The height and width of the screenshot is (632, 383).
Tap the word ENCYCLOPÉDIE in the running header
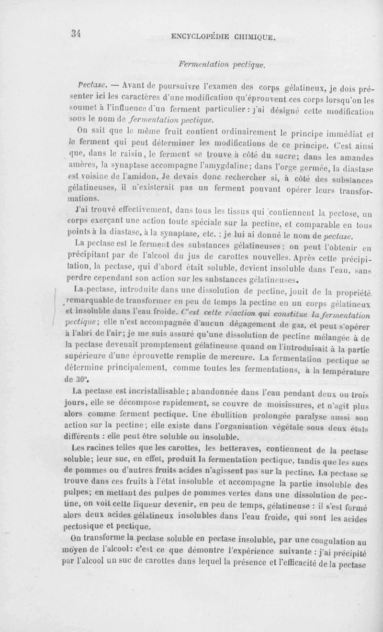click(199, 35)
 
